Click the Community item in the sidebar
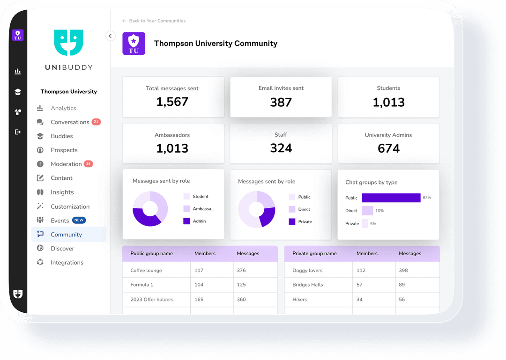point(66,235)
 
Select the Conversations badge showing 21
point(96,122)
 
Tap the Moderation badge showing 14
point(88,164)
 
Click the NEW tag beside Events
point(79,220)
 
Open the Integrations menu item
point(67,263)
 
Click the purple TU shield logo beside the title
point(134,44)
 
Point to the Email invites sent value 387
point(281,102)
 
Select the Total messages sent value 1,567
point(172,102)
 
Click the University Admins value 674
point(388,148)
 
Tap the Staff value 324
point(281,148)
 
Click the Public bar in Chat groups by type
point(391,198)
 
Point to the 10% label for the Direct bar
point(379,211)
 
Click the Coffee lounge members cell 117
point(199,271)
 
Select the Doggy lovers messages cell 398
point(403,271)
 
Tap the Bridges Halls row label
point(307,285)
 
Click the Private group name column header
point(314,254)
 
